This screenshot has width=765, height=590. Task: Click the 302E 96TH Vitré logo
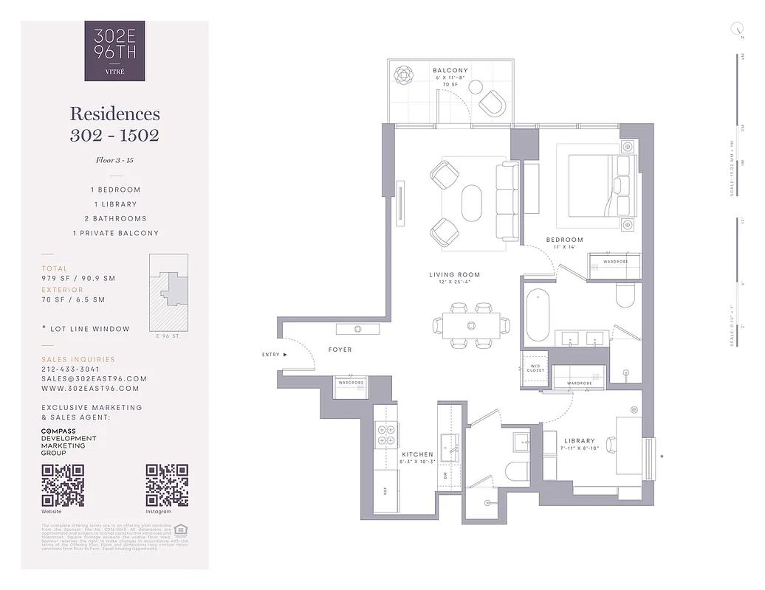pyautogui.click(x=114, y=51)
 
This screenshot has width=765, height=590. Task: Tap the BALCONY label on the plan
pyautogui.click(x=450, y=71)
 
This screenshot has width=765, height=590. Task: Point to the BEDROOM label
pyautogui.click(x=564, y=240)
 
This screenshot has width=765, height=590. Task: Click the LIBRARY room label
pyautogui.click(x=579, y=441)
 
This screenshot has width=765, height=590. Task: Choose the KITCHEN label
pyautogui.click(x=417, y=454)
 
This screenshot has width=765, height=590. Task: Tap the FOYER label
pyautogui.click(x=340, y=350)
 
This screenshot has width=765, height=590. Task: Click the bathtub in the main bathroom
pyautogui.click(x=538, y=316)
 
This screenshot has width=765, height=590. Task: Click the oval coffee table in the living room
pyautogui.click(x=472, y=202)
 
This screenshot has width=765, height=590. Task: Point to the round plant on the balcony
pyautogui.click(x=405, y=75)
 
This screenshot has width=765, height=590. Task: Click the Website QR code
pyautogui.click(x=63, y=485)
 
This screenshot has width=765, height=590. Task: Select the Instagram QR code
pyautogui.click(x=166, y=485)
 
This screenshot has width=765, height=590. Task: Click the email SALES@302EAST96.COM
pyautogui.click(x=94, y=378)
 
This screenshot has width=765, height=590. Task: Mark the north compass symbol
pyautogui.click(x=736, y=29)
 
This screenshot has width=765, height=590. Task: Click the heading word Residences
pyautogui.click(x=114, y=114)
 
